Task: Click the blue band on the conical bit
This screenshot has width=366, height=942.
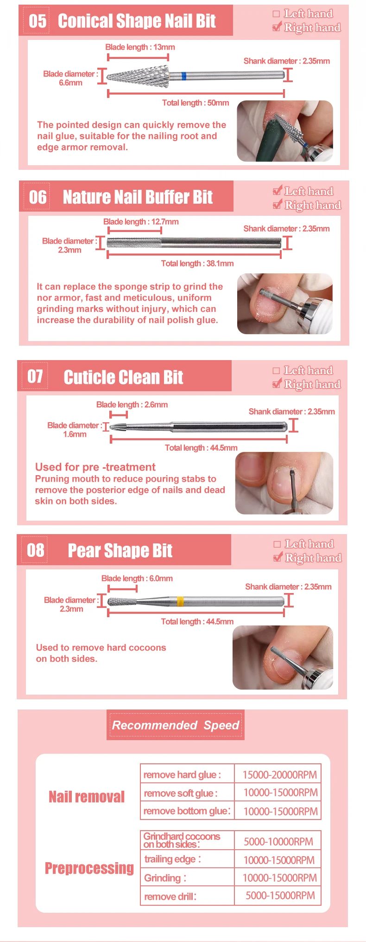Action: point(183,76)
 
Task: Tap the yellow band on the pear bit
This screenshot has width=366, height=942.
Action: point(180,601)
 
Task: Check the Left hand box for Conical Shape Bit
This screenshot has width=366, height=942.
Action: point(277,14)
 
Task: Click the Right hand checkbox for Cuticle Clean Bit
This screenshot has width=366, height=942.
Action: point(277,384)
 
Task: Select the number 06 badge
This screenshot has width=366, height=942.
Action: point(38,197)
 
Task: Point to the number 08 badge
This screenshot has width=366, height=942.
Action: point(36,550)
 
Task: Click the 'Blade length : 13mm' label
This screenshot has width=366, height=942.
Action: point(140,47)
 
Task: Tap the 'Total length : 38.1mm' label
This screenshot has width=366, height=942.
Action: point(197,264)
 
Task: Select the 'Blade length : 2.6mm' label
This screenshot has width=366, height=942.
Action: point(132,405)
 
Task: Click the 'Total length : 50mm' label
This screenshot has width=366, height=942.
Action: point(196,103)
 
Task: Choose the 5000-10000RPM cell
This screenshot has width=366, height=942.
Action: point(278,841)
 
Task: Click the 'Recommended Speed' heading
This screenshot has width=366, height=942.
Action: point(176,725)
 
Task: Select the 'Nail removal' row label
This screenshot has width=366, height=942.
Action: point(87,797)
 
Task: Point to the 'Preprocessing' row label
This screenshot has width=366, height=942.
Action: point(89,868)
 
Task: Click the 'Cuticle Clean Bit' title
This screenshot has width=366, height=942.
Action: point(123,377)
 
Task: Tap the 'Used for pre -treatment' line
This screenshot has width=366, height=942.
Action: point(95,467)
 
